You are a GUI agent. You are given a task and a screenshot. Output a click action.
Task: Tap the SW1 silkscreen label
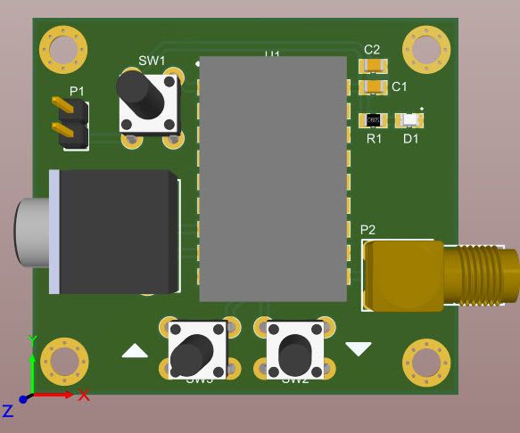(152, 61)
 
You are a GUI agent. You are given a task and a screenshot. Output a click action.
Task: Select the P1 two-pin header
(70, 122)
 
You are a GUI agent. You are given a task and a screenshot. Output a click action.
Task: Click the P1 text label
(78, 92)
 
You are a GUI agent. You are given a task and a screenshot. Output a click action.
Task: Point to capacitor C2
(372, 66)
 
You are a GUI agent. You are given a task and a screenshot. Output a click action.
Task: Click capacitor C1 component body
(372, 86)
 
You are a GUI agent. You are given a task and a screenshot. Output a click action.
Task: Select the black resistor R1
(374, 119)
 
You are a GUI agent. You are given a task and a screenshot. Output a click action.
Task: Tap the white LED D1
(410, 119)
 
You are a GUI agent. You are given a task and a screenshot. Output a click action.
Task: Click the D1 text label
(410, 139)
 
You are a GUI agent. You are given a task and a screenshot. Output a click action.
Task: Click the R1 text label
(374, 139)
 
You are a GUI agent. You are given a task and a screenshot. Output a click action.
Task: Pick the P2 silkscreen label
(367, 230)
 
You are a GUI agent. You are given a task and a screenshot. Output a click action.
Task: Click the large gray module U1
(272, 178)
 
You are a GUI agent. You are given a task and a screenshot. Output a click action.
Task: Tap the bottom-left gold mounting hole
(64, 362)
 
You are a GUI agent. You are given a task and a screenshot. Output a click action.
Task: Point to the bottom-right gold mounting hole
(426, 362)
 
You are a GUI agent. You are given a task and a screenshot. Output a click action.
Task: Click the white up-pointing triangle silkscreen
(135, 351)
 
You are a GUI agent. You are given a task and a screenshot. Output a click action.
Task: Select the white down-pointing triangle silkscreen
(359, 348)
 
